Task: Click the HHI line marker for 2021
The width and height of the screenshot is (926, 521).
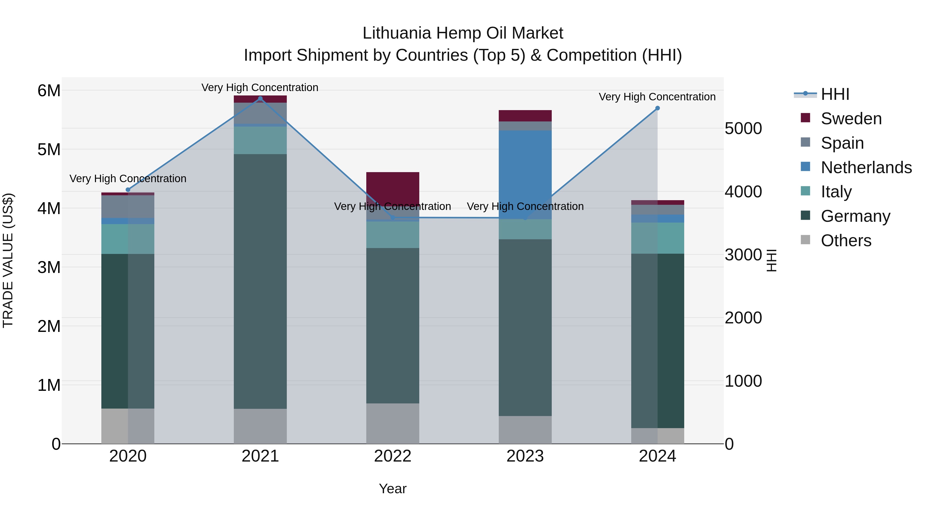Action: pyautogui.click(x=260, y=99)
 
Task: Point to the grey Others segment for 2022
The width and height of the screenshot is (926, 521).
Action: pyautogui.click(x=393, y=423)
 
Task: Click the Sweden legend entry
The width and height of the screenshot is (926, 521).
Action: pyautogui.click(x=851, y=119)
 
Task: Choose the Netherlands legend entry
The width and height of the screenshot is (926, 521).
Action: pyautogui.click(x=866, y=167)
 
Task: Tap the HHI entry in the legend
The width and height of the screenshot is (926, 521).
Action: pyautogui.click(x=835, y=94)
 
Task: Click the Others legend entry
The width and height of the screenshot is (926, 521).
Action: pyautogui.click(x=846, y=241)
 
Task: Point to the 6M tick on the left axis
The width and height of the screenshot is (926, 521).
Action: pyautogui.click(x=49, y=91)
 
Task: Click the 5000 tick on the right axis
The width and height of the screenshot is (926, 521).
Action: pyautogui.click(x=743, y=128)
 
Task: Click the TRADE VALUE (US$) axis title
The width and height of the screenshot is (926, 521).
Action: pyautogui.click(x=8, y=260)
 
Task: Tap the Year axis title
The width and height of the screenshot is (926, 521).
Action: pyautogui.click(x=393, y=489)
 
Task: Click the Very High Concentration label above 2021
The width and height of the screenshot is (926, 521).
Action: pyautogui.click(x=260, y=87)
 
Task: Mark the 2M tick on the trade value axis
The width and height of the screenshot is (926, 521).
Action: pyautogui.click(x=49, y=326)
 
